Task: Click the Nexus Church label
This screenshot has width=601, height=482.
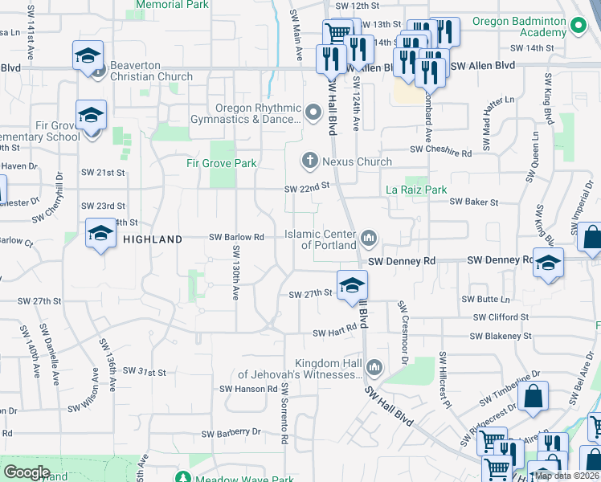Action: tap(357, 161)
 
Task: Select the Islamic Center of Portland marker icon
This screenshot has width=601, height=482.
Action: tap(370, 237)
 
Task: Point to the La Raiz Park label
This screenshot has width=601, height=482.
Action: tap(415, 190)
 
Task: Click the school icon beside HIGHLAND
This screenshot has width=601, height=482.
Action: tap(100, 234)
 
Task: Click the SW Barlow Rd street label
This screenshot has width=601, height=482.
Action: tap(237, 237)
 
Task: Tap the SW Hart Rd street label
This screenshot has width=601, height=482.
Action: tap(334, 333)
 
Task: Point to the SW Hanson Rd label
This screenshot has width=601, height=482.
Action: tap(249, 389)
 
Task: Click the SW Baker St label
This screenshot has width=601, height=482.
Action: tap(474, 202)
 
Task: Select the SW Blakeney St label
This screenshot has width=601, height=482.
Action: tap(500, 337)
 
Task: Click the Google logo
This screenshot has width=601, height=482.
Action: tap(27, 472)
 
